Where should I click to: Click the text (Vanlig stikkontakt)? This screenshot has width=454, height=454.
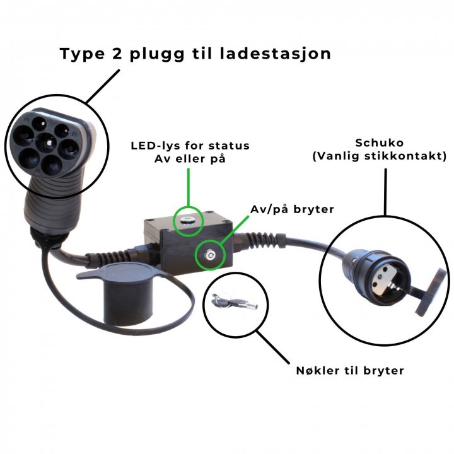[380, 155]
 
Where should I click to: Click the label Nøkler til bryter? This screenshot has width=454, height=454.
[350, 371]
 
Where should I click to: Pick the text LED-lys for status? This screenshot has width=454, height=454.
[190, 146]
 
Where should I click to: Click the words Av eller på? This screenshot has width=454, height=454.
[190, 159]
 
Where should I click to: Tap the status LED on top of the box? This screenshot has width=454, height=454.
[187, 219]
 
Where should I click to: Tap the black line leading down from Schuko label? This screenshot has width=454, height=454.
[385, 189]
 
